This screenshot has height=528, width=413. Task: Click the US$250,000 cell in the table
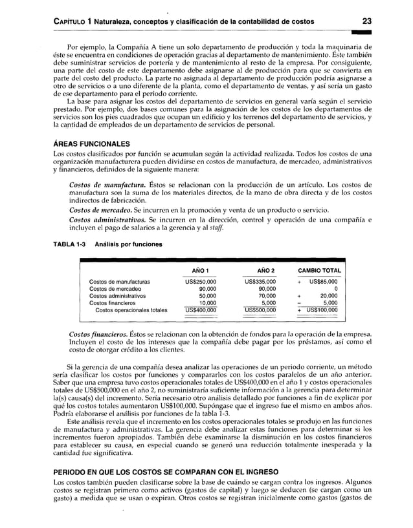[x=201, y=282]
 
